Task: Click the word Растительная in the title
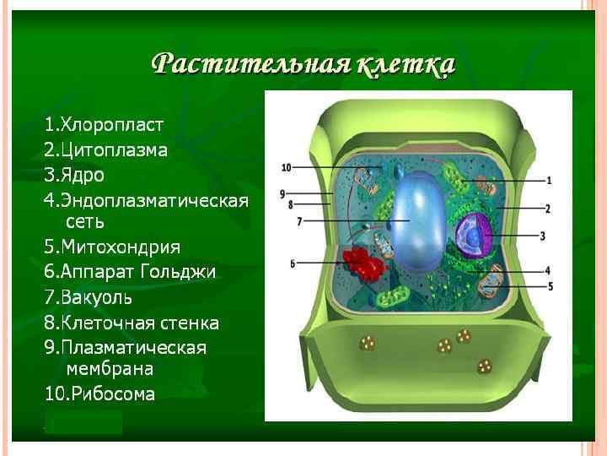pyautogui.click(x=250, y=65)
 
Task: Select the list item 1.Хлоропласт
pyautogui.click(x=104, y=125)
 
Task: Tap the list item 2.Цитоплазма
pyautogui.click(x=106, y=150)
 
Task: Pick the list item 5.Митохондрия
pyautogui.click(x=112, y=247)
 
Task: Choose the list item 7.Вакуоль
pyautogui.click(x=89, y=297)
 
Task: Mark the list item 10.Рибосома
pyautogui.click(x=99, y=394)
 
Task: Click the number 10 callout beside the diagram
pyautogui.click(x=286, y=167)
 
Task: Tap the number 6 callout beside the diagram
pyautogui.click(x=293, y=263)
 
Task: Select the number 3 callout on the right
pyautogui.click(x=544, y=235)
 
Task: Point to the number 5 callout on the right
pyautogui.click(x=550, y=286)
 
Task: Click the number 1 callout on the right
pyautogui.click(x=549, y=180)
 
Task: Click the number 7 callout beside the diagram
pyautogui.click(x=298, y=221)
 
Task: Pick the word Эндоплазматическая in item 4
pyautogui.click(x=155, y=200)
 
